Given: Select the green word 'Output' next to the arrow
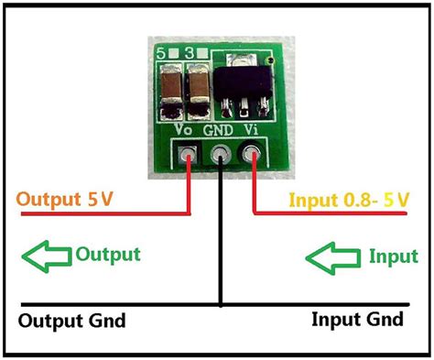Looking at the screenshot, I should (107, 254).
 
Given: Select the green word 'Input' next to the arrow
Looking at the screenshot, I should (392, 256).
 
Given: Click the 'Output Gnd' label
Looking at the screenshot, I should (71, 322).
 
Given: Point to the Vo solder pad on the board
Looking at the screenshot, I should (189, 155).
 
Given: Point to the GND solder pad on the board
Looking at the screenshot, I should (220, 157).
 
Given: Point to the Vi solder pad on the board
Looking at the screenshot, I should (251, 156).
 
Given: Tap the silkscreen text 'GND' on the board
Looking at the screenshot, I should (220, 131).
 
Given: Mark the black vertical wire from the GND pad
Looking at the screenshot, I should (220, 238).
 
